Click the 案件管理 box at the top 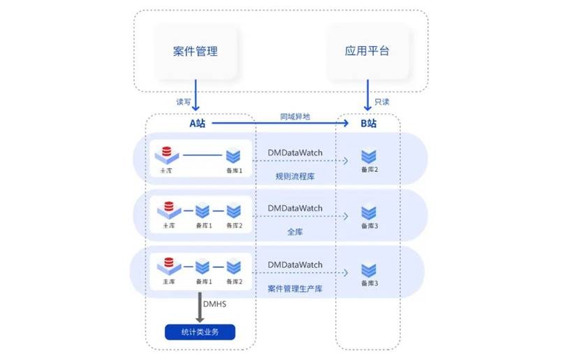[x=196, y=52]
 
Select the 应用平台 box [x=367, y=52]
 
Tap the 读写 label [x=184, y=101]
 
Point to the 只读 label [x=381, y=101]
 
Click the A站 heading [x=198, y=124]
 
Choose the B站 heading [x=368, y=124]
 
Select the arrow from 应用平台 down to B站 [x=367, y=94]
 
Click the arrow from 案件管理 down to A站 [x=196, y=94]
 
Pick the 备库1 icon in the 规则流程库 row [x=233, y=155]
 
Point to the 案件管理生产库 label [x=295, y=288]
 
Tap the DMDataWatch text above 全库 [x=295, y=208]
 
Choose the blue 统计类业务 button [x=200, y=331]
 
